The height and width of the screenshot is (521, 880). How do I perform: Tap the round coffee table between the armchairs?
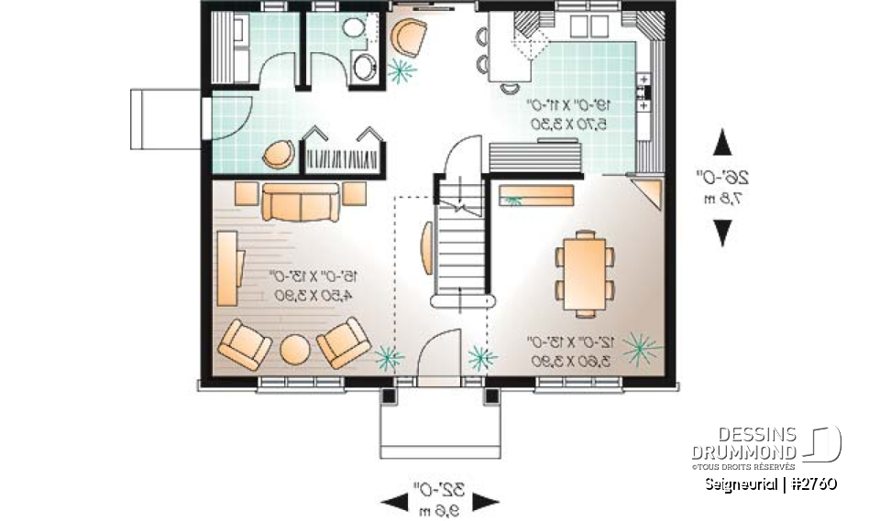tap(295, 351)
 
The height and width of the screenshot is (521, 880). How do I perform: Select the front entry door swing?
tap(440, 352)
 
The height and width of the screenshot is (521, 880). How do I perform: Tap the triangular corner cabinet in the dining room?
tap(652, 193)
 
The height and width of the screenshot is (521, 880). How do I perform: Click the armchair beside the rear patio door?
tap(409, 38)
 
